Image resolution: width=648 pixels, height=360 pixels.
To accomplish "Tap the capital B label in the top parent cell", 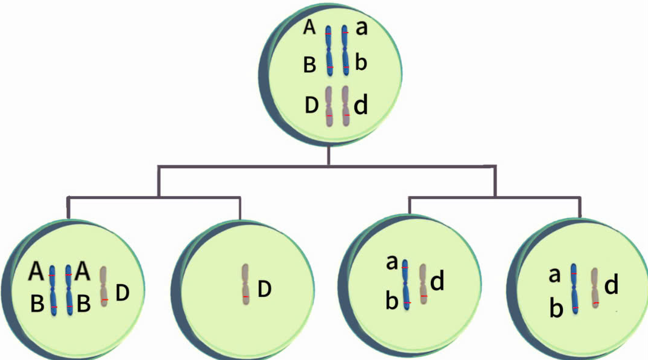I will tap(310, 65).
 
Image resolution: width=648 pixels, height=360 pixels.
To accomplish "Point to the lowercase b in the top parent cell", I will tap(361, 63).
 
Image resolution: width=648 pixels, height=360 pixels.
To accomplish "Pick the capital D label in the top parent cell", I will tap(312, 106).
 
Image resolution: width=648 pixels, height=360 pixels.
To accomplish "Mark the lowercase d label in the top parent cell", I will tap(360, 106).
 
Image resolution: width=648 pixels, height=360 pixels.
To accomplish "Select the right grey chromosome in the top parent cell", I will tap(346, 106).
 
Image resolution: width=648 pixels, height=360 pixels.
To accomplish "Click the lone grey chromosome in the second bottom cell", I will tap(245, 289).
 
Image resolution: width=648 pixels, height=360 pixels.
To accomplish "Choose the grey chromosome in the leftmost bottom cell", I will tap(104, 287).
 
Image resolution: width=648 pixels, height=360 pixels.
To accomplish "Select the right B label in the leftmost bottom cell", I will tap(83, 305).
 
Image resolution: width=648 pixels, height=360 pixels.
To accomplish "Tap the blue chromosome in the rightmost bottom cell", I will tap(574, 288).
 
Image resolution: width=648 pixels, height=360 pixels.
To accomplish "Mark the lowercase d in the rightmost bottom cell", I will tap(611, 284).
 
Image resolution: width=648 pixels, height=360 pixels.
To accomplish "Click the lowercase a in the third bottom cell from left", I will tap(392, 263).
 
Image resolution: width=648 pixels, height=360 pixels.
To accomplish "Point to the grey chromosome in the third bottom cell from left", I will tap(424, 283).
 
